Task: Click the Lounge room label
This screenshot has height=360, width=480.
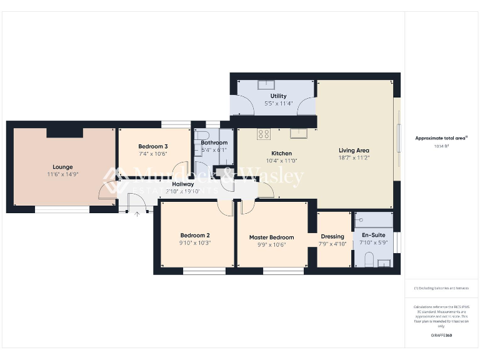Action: click(62, 167)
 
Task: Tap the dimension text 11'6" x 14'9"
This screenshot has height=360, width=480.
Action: click(62, 174)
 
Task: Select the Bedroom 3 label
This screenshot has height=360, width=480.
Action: click(152, 146)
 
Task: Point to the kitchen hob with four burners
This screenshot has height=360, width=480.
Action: click(264, 133)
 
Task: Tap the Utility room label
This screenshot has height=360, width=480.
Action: click(278, 96)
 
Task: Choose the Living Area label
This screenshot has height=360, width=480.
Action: click(354, 150)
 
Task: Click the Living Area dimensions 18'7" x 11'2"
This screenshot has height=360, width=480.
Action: click(354, 158)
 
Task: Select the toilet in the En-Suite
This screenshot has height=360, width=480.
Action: click(369, 258)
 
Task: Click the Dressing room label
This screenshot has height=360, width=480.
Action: click(332, 236)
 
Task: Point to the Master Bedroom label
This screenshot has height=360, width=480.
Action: click(271, 237)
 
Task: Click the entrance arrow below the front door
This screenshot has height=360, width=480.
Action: click(137, 214)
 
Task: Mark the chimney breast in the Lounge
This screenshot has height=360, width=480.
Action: click(65, 132)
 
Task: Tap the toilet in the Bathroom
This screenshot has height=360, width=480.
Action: click(201, 137)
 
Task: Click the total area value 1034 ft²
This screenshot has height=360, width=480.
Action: click(441, 146)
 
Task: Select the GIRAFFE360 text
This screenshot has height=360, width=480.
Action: click(441, 336)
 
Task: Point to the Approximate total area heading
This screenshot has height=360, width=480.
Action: click(441, 138)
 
